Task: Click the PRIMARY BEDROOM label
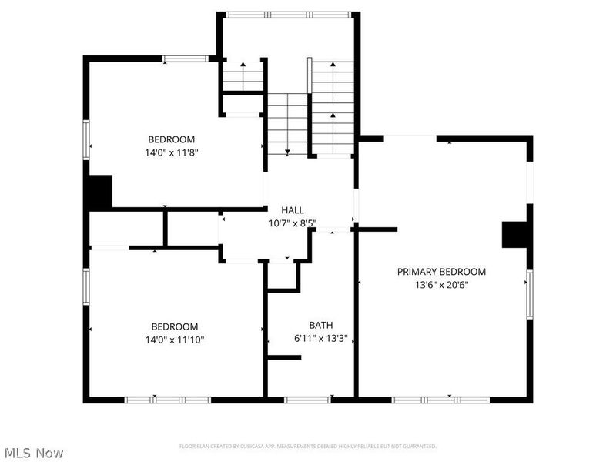coord(441,272)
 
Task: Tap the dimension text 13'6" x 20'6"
coord(441,284)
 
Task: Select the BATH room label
coord(321,326)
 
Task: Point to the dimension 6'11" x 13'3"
coord(321,338)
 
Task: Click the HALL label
coord(292,210)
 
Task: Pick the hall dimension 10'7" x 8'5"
coord(292,223)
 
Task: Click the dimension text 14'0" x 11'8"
coord(171,152)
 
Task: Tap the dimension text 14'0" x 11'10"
coord(174,339)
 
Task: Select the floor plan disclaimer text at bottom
coord(308,446)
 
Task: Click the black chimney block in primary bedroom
coord(514,235)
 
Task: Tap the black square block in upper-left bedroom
coord(99,192)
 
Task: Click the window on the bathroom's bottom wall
coord(308,400)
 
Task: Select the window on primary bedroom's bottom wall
coord(441,400)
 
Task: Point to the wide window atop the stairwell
coord(289,14)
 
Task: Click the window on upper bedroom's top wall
coord(186,58)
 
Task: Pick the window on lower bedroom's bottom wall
coord(168,400)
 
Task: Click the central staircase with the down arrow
coord(287,123)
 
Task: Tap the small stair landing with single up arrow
coord(243,76)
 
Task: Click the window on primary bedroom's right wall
coord(529,295)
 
